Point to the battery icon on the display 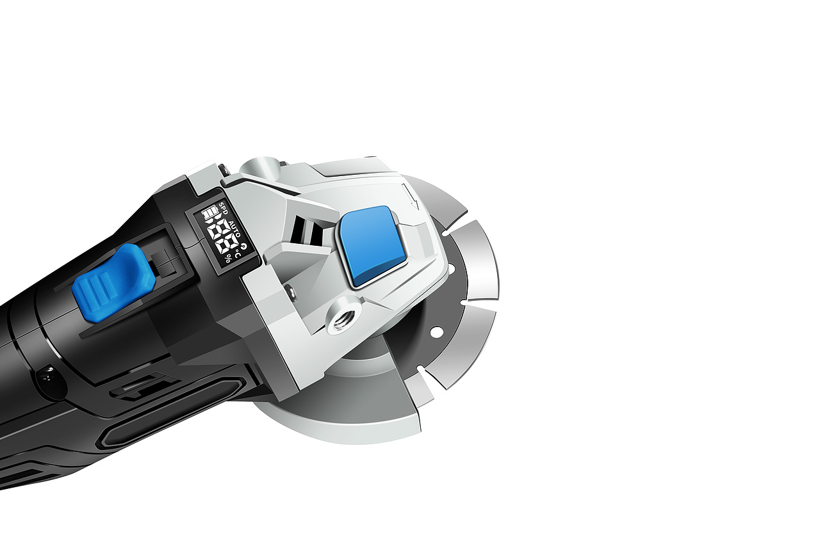[211, 213]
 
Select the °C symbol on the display [238, 253]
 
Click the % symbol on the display [228, 259]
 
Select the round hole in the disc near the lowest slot [436, 332]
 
